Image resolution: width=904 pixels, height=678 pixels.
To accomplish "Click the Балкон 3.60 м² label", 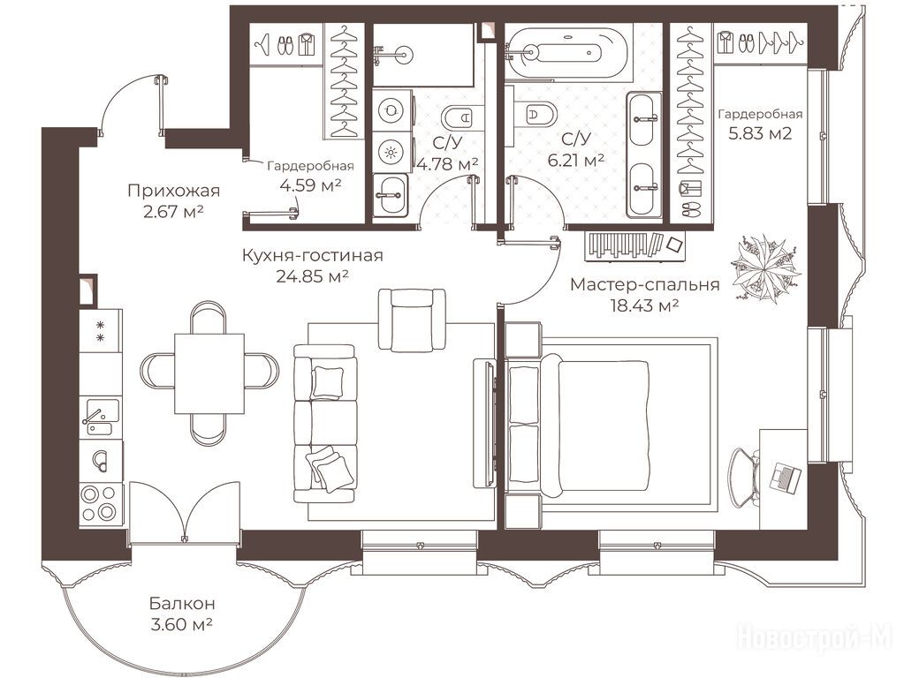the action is (x=182, y=614).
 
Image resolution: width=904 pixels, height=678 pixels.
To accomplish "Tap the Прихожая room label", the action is (x=173, y=190).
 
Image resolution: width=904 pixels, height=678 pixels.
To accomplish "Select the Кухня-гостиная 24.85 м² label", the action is (x=312, y=266).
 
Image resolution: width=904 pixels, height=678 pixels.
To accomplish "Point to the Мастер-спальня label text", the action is (x=644, y=284).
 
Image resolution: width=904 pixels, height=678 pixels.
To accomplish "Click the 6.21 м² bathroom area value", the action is (x=576, y=160).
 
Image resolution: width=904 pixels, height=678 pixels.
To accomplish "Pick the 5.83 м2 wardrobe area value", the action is (x=760, y=133).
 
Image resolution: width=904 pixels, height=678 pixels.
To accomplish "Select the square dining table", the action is (x=209, y=373).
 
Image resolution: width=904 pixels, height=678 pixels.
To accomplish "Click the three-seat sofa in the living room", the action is (x=324, y=424).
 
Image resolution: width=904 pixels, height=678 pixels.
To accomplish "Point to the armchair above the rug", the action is (x=412, y=320).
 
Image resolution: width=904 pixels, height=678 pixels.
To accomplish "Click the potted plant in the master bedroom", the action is (x=765, y=267).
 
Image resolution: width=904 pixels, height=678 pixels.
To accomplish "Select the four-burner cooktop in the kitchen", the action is (x=101, y=503).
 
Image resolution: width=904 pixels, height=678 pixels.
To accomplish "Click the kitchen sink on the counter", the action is (x=100, y=418).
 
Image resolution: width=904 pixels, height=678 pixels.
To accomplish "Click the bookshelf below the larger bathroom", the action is (x=635, y=245).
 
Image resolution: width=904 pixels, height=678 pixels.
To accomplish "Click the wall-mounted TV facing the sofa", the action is (x=484, y=424).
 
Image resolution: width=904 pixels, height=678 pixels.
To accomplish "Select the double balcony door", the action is (x=184, y=512).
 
